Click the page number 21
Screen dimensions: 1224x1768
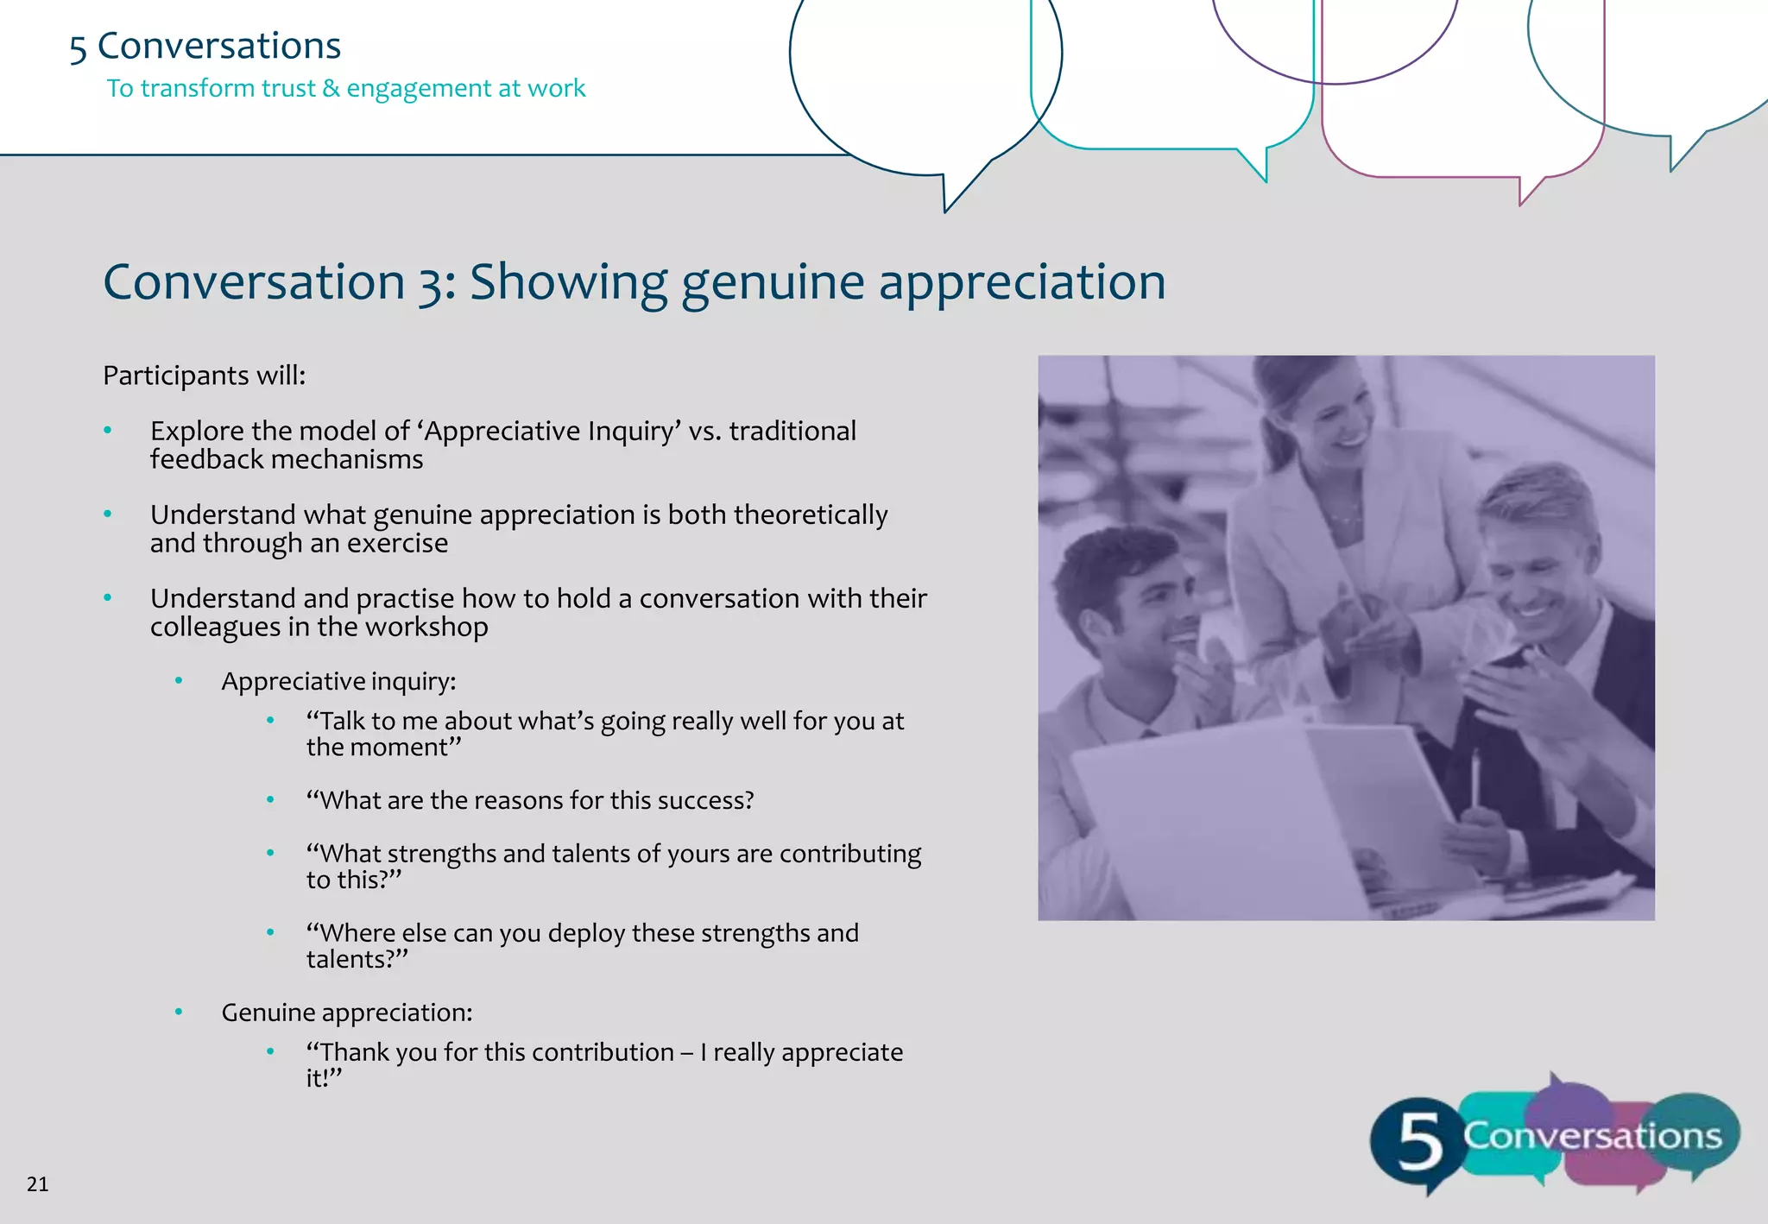pyautogui.click(x=37, y=1183)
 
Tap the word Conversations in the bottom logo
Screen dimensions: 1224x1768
pyautogui.click(x=1592, y=1136)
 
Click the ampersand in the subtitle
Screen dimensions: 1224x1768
pyautogui.click(x=331, y=88)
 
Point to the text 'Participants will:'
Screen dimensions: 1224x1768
pyautogui.click(x=204, y=375)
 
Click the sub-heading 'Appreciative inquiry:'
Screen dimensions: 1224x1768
pyautogui.click(x=338, y=681)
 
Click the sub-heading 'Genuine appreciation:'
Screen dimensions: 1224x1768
pyautogui.click(x=346, y=1012)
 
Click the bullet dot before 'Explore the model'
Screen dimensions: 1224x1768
pyautogui.click(x=108, y=430)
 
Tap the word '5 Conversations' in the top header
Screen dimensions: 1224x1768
pyautogui.click(x=205, y=46)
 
